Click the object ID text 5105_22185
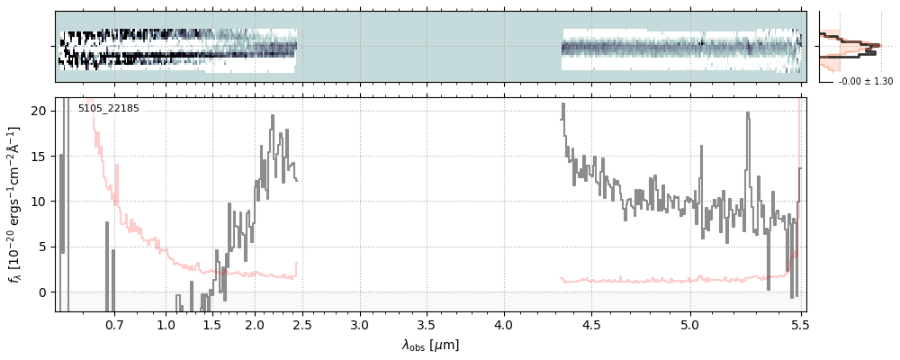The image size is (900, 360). tap(108, 109)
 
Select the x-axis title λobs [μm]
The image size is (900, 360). tap(430, 345)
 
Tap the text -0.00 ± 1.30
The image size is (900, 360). tap(865, 82)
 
